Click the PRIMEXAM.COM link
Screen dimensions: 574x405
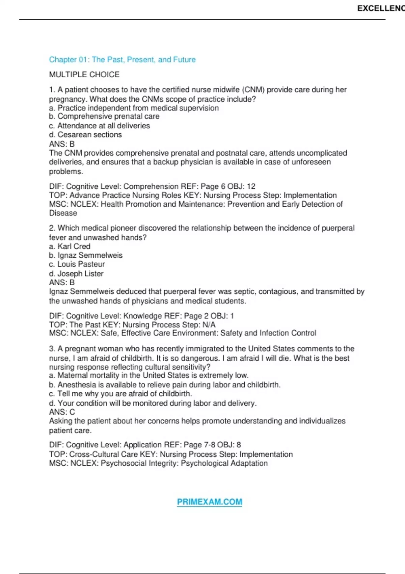209,502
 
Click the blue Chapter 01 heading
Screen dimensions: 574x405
122,60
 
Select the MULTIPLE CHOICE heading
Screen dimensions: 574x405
84,74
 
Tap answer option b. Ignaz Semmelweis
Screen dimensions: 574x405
86,255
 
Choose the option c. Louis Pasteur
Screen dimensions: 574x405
77,264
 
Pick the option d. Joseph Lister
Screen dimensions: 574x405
76,273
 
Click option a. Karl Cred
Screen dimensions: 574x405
70,246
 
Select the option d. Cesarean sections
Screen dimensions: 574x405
85,134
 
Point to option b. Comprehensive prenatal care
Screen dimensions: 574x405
104,116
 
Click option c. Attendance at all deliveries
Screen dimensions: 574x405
99,126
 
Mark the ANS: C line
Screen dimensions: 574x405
62,412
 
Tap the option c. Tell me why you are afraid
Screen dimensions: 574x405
120,394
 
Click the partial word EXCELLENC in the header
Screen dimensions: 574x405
381,8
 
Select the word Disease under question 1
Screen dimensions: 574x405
63,213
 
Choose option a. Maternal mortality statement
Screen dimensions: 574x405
149,375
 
